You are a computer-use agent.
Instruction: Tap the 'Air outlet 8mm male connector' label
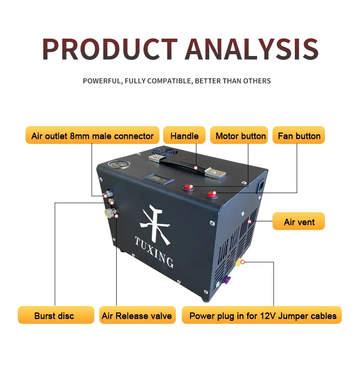coord(93,136)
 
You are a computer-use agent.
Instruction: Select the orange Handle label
coord(184,136)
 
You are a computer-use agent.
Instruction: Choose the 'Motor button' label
coord(240,136)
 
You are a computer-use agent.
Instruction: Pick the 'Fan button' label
coord(299,136)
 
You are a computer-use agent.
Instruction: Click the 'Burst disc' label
coord(54,315)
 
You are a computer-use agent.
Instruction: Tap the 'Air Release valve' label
coord(137,315)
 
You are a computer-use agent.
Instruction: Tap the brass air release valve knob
coord(109,213)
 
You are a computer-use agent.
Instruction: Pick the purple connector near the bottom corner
coord(227,278)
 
